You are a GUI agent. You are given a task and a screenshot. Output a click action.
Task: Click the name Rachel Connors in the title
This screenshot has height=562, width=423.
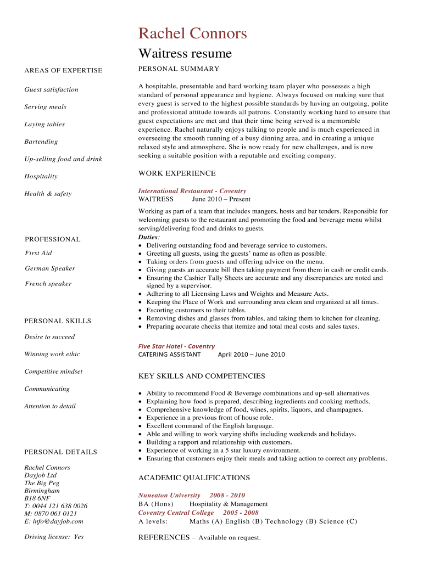192,34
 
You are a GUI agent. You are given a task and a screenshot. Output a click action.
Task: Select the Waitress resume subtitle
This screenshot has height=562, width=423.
185,53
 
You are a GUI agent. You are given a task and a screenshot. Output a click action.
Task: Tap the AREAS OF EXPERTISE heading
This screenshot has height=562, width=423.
63,71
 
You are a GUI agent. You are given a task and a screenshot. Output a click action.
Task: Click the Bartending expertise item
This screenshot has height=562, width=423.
41,142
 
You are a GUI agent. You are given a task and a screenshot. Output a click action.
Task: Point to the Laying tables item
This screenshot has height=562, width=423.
44,125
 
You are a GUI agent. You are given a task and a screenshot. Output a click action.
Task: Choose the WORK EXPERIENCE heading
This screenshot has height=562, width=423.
177,173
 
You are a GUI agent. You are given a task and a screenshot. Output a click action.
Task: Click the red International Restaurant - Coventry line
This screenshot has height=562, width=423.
192,191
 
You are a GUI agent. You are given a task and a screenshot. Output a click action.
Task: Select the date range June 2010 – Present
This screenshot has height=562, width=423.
221,199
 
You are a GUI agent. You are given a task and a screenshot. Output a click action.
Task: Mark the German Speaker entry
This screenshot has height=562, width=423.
50,268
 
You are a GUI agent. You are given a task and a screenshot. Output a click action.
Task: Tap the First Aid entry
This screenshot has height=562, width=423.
38,253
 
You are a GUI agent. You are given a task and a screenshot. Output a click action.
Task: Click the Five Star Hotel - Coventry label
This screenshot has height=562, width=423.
176,346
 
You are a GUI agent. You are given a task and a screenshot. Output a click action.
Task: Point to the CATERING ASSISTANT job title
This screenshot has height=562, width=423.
169,355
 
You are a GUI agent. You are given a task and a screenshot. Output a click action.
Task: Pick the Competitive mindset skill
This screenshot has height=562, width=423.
53,372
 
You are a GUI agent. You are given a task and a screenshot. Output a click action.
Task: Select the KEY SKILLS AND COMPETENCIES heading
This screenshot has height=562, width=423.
202,376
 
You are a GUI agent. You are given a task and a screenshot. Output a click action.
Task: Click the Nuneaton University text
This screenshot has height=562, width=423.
169,495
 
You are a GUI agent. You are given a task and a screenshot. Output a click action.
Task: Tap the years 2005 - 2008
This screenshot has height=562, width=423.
241,513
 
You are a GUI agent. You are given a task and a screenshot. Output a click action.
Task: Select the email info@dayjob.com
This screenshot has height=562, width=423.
54,521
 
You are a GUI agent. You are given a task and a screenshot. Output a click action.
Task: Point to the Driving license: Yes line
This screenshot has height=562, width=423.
54,537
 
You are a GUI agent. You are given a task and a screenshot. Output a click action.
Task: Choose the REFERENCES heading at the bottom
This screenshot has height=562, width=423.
164,537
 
